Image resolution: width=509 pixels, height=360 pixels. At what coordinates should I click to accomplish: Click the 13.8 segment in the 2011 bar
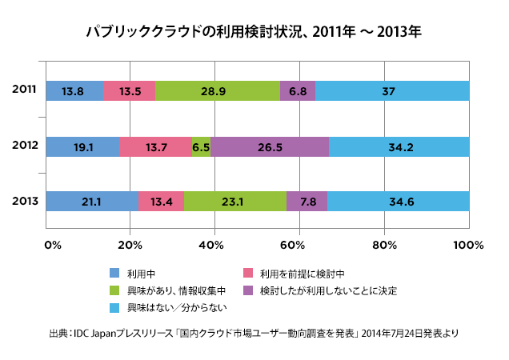(74, 91)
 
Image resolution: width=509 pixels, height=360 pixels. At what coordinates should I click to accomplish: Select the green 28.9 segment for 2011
(218, 91)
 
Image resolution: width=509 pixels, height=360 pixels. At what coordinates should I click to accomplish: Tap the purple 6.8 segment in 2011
(298, 91)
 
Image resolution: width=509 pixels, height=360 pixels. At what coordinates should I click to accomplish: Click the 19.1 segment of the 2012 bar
(82, 146)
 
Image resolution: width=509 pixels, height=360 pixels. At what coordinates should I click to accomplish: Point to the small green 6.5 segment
(201, 146)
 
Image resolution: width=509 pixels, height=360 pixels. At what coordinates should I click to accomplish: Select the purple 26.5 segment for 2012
(270, 146)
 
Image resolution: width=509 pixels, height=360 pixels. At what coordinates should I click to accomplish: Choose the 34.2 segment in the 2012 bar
(399, 146)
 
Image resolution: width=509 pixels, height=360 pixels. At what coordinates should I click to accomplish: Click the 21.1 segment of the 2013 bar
(92, 202)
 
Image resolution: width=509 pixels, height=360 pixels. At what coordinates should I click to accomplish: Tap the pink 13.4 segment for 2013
(161, 202)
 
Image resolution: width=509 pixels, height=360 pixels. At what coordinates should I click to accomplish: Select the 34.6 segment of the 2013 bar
(399, 202)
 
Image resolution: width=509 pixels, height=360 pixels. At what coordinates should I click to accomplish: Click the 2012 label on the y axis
(24, 146)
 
